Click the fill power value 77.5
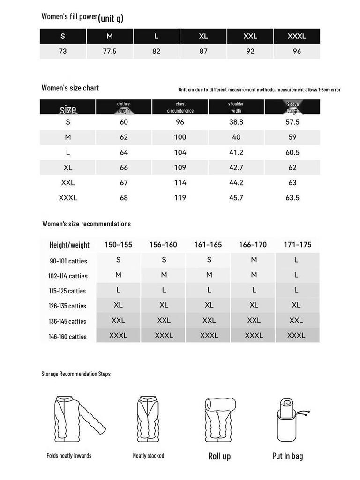[x=110, y=52]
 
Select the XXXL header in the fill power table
[x=297, y=36]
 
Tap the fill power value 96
[x=297, y=52]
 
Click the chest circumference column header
[x=180, y=107]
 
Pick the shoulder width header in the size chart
[x=236, y=107]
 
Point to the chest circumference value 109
[x=180, y=167]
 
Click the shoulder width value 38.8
[x=236, y=122]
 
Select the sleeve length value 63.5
[x=292, y=198]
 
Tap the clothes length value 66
[x=124, y=167]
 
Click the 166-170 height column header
[x=253, y=245]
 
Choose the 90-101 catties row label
[x=68, y=261]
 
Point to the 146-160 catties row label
[x=67, y=337]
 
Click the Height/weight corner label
[x=69, y=245]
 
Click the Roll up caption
[x=219, y=456]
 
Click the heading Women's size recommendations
[x=86, y=224]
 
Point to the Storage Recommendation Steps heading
[x=76, y=374]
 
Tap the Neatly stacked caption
[x=149, y=456]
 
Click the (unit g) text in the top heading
[x=111, y=18]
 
